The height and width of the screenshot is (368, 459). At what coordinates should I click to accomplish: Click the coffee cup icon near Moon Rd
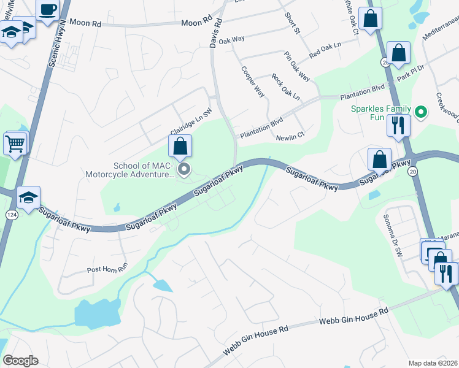coord(47,10)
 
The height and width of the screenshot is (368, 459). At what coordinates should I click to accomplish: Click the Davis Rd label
coord(215,33)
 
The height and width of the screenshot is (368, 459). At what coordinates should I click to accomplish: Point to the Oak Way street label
coord(231,39)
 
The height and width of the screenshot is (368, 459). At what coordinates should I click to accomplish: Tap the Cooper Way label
coord(253,82)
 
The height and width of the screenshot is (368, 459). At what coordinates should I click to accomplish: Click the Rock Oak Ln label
coord(286,88)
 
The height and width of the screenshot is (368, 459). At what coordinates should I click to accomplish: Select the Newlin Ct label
coord(290,136)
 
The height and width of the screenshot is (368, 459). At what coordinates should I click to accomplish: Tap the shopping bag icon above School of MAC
coord(180,146)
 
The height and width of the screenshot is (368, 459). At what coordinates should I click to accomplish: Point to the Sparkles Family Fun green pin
coord(420,112)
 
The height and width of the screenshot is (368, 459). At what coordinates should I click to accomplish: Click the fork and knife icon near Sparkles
coord(398,125)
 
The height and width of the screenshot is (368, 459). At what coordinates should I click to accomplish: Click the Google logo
coord(20,361)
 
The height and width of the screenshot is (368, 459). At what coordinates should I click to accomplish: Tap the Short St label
coord(291,23)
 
